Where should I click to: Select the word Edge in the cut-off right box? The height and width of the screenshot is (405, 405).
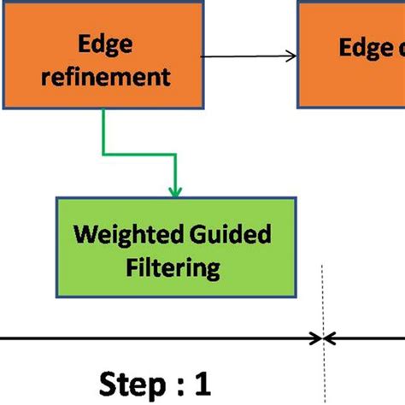coord(364,47)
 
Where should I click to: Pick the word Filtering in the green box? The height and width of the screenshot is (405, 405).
coord(173,267)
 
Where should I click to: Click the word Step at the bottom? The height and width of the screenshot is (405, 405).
coord(132,381)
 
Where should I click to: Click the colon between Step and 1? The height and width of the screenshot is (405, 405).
coord(175,383)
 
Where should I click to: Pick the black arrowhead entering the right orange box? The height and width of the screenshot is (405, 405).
coord(291,56)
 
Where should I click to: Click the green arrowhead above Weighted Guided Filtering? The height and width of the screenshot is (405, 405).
coord(174,191)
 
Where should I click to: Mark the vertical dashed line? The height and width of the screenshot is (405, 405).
coord(323,308)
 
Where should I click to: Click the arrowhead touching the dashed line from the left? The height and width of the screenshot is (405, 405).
coord(315,338)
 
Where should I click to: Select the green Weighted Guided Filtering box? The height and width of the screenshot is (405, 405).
coord(174,249)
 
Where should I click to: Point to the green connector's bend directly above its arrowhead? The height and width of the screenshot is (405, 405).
coord(174,156)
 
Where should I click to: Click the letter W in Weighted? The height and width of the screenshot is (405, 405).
coord(83,234)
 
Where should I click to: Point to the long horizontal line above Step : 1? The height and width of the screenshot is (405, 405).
coord(154,338)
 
